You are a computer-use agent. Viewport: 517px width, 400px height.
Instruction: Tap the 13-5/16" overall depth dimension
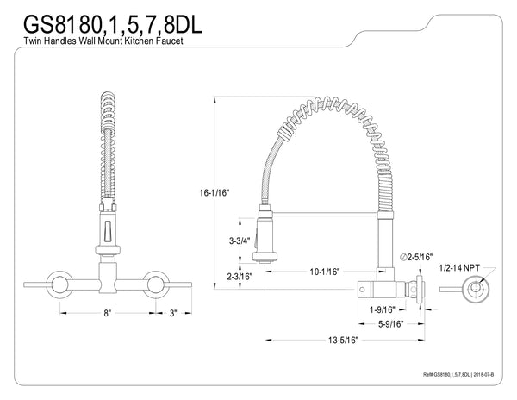[x=343, y=341]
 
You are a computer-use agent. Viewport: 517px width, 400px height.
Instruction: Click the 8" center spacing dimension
[x=107, y=315]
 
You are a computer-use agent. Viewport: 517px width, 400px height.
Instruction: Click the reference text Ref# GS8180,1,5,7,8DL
[x=445, y=377]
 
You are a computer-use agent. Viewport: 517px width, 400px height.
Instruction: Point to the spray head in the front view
[x=107, y=234]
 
